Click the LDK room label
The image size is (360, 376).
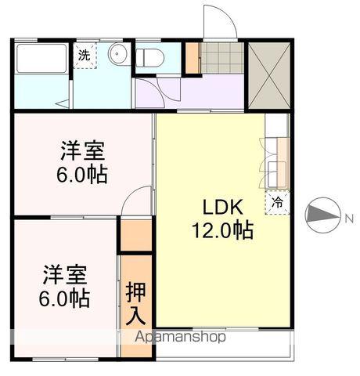(225, 207)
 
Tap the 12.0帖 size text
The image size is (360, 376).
(224, 231)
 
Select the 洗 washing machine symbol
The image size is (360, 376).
(84, 56)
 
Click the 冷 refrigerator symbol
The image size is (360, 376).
(277, 203)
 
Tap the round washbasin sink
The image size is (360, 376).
(119, 54)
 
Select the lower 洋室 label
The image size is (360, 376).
(64, 275)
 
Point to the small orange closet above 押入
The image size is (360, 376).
(135, 235)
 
